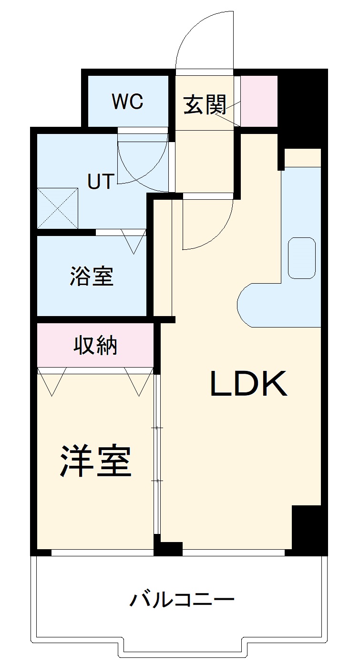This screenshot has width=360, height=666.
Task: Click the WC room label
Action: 127,101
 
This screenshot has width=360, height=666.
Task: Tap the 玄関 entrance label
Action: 205,105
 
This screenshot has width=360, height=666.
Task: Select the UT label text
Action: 101,181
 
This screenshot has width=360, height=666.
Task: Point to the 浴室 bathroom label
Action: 92,276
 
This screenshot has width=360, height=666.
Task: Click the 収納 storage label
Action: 95,345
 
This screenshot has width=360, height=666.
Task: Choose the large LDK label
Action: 248,383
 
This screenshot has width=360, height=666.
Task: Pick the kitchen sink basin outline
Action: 302,258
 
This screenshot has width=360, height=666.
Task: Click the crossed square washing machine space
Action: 58,208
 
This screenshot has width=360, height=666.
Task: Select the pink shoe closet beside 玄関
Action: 259,101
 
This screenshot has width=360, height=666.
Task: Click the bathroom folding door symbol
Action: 134,241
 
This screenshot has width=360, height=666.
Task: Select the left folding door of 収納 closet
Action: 51,382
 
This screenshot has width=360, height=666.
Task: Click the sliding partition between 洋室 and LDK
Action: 157,454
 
